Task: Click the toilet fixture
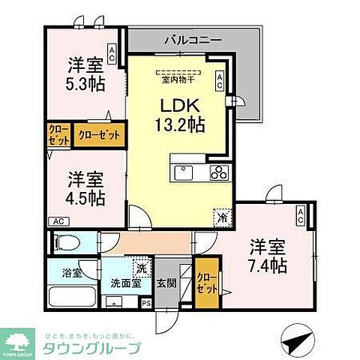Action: tap(70, 242)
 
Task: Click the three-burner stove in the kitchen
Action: tap(219, 173)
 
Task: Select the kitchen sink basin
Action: tap(184, 173)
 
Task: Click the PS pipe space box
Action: tap(146, 303)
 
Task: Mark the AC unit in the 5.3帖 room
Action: tap(112, 52)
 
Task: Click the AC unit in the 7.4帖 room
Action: tap(300, 217)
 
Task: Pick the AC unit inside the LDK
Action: tap(220, 80)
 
